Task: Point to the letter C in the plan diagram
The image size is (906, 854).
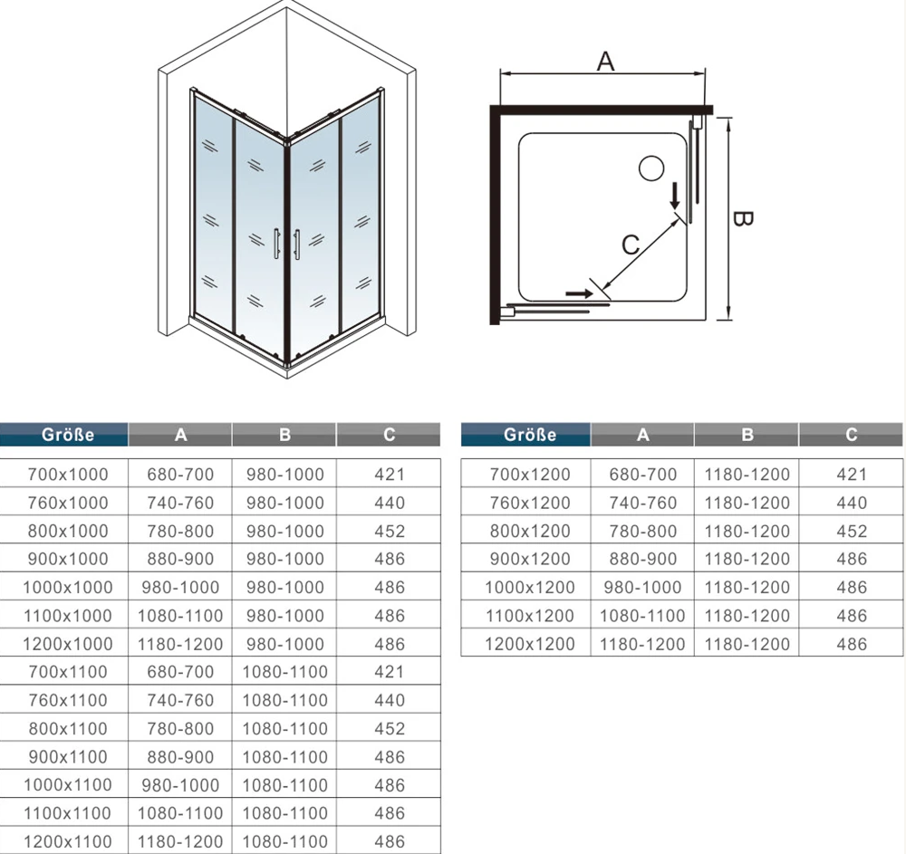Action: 631,245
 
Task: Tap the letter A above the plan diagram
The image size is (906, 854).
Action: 605,62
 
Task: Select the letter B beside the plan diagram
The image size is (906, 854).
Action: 742,219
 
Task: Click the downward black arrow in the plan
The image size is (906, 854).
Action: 674,197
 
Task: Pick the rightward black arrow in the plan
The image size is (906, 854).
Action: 579,294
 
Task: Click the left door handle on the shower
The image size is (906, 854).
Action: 277,245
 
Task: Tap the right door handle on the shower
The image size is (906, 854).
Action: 296,245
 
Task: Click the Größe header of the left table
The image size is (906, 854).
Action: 68,435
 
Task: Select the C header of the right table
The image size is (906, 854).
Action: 851,435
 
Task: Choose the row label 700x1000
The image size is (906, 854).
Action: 68,475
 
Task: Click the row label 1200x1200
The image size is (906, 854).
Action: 530,645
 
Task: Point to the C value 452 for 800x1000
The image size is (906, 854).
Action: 390,532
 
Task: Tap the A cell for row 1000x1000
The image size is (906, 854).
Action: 180,588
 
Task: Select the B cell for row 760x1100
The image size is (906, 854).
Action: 284,700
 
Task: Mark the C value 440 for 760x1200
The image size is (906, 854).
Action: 852,503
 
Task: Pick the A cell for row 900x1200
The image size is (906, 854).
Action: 642,559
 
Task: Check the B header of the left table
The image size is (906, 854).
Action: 284,435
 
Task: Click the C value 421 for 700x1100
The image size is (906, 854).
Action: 390,672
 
